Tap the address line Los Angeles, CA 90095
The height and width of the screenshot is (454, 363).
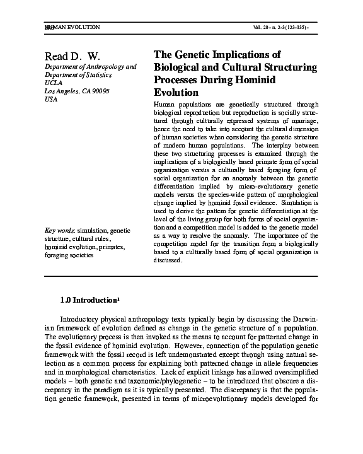[x=73, y=91]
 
